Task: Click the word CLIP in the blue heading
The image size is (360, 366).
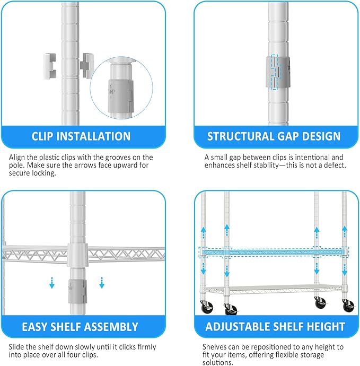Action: pos(45,136)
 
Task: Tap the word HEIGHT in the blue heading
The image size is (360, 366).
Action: pos(324,326)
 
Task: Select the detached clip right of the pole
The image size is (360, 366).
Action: pos(84,64)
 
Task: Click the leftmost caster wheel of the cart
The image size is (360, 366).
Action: pos(206,308)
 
